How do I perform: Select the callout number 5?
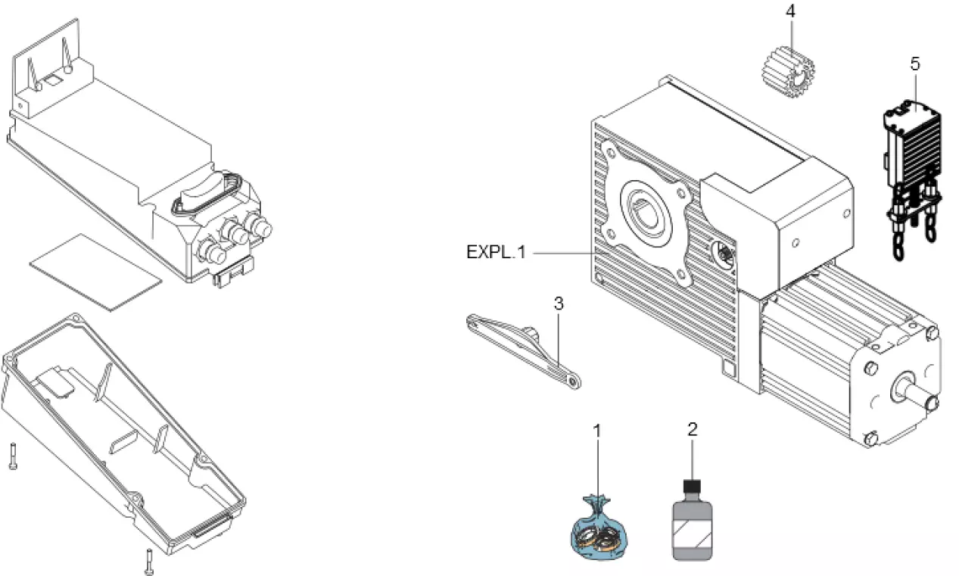[914, 64]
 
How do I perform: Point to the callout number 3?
[559, 304]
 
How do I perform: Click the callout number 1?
[596, 431]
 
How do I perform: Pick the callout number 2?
[692, 429]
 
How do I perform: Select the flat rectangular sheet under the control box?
[95, 271]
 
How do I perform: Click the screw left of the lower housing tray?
[13, 456]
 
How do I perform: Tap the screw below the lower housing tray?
[148, 561]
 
